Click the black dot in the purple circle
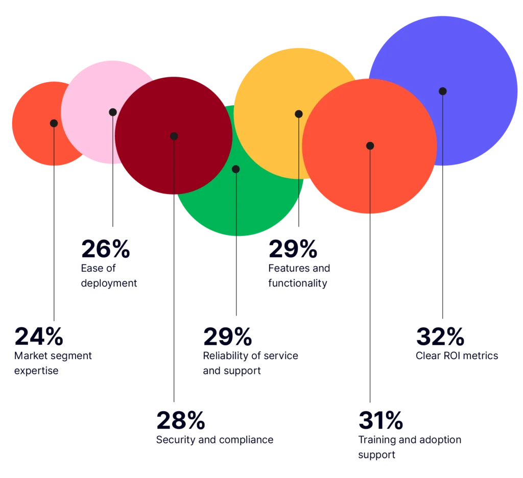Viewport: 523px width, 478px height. (442, 91)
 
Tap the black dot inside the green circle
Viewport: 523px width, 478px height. (235, 169)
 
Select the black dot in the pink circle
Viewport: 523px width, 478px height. (113, 112)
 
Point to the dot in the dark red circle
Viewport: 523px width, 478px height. (174, 136)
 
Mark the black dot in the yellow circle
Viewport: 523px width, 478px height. (299, 114)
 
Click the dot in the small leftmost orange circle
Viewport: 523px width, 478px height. (54, 123)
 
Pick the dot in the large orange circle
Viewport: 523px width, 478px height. (370, 146)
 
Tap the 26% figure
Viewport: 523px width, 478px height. (106, 249)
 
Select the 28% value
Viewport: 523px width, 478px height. (181, 420)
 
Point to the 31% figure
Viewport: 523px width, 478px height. (380, 420)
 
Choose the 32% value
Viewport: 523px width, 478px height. (440, 337)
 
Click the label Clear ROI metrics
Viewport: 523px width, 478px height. (456, 356)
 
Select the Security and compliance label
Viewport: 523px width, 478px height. (215, 440)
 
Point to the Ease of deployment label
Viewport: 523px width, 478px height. (109, 275)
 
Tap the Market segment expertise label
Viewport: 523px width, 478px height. (54, 363)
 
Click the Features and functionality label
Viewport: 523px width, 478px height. (298, 275)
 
